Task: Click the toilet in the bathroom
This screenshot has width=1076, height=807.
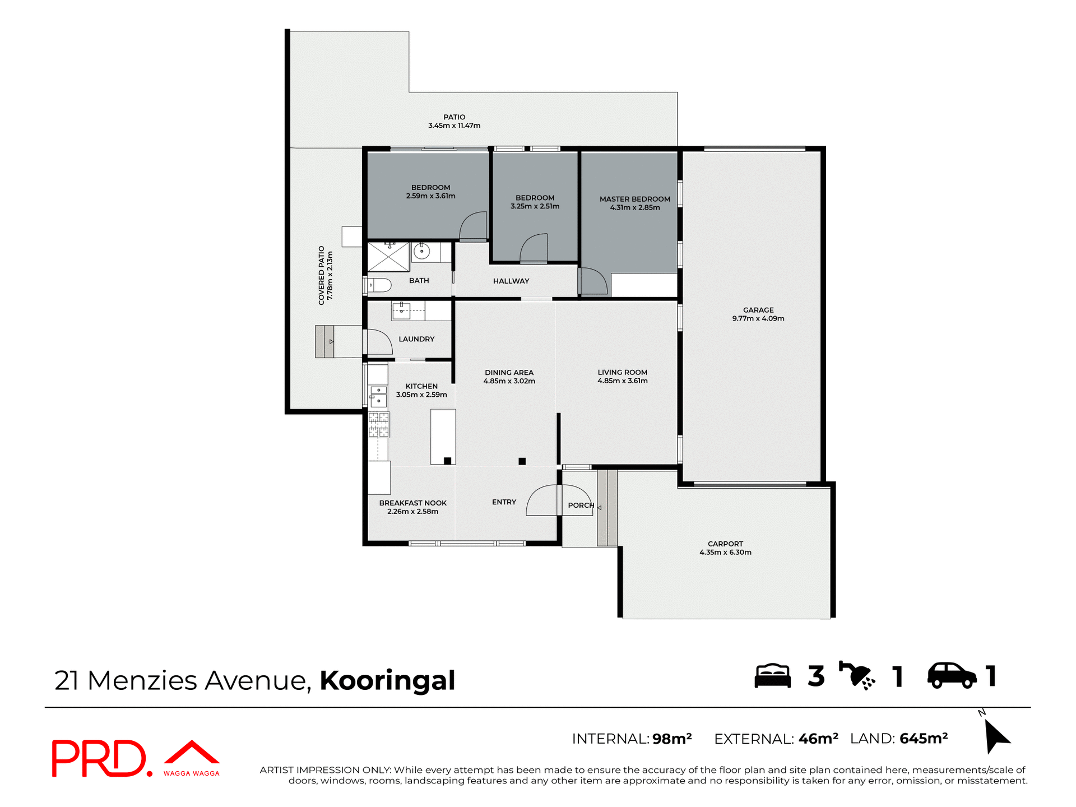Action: pos(379,285)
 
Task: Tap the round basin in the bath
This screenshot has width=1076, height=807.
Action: pos(421,252)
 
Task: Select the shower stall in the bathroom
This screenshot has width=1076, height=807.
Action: pos(388,257)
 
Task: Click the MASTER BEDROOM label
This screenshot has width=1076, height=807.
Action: pos(634,199)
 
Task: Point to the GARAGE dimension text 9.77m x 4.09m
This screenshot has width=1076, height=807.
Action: pos(758,318)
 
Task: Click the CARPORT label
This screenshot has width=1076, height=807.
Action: pos(725,544)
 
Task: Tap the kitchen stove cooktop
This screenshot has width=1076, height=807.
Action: pos(379,424)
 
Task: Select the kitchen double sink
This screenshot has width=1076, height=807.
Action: pos(378,395)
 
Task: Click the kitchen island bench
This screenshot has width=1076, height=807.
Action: pos(443,435)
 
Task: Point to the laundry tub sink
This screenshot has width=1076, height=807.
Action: pos(401,310)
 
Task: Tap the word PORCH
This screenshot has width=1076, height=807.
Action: pos(581,505)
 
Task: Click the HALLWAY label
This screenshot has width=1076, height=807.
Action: pos(511,281)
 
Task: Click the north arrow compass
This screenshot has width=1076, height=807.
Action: pos(995,735)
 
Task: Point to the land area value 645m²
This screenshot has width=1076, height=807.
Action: pos(923,739)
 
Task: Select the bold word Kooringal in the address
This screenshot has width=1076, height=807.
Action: pos(387,680)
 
